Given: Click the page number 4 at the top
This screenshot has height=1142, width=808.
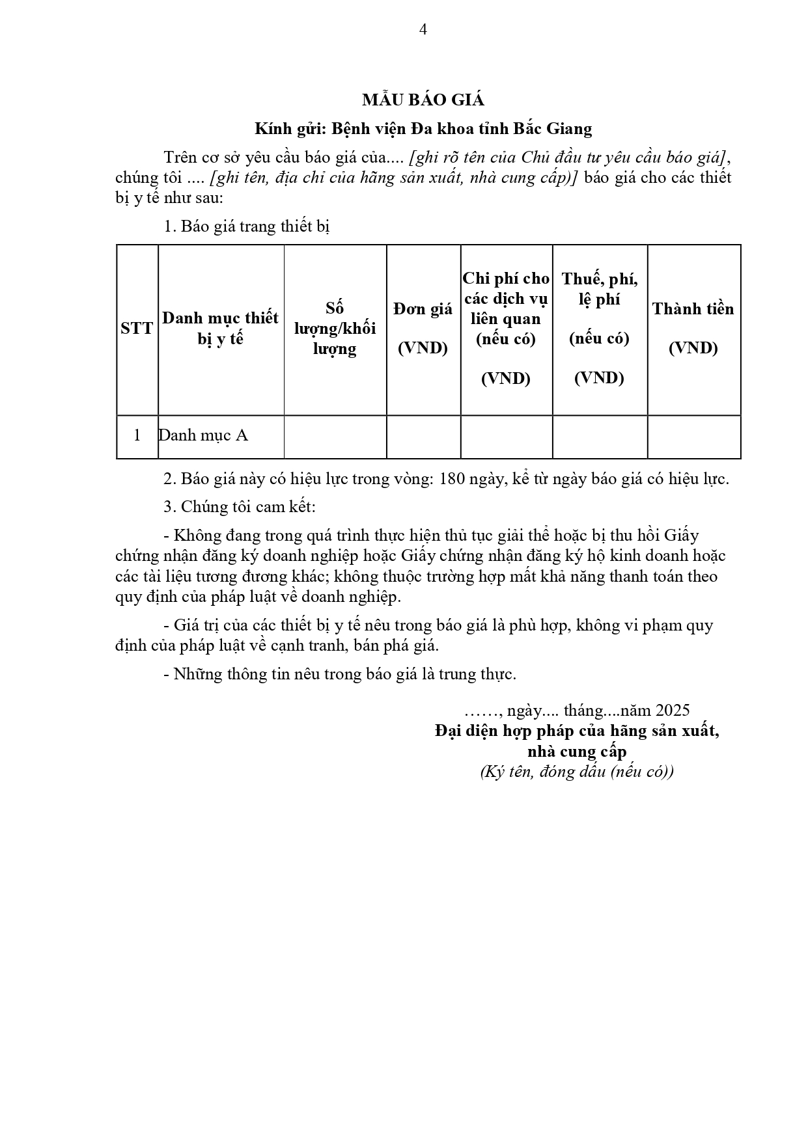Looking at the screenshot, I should click(423, 29).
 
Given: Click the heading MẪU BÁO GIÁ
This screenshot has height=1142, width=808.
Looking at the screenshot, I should click(423, 100).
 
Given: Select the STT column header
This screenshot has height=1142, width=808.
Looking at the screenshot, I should click(137, 328).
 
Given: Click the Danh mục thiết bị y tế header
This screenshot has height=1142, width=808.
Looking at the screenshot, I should click(220, 328).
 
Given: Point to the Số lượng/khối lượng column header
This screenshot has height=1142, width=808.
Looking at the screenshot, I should click(335, 328).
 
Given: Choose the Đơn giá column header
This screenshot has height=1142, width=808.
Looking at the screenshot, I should click(423, 328).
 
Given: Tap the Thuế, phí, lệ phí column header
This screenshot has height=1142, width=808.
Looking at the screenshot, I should click(599, 289).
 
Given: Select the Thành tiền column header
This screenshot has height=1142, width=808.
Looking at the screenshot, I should click(693, 328).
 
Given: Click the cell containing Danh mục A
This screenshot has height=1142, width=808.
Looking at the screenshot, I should click(203, 435).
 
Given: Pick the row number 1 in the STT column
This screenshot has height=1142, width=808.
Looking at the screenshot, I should click(137, 435).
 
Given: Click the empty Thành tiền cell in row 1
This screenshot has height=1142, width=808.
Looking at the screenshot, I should click(693, 437).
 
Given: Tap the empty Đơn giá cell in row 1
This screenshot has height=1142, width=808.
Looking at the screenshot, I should click(423, 437).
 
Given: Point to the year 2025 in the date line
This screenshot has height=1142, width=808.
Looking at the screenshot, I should click(673, 710).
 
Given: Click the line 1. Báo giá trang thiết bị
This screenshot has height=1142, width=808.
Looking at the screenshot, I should click(247, 226).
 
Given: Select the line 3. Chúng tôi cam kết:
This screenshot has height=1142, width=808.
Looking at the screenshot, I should click(239, 507).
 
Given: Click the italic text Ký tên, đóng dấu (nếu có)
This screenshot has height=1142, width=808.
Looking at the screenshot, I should click(577, 772).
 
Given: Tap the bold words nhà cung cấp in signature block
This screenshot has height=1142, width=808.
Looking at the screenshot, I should click(577, 752).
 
